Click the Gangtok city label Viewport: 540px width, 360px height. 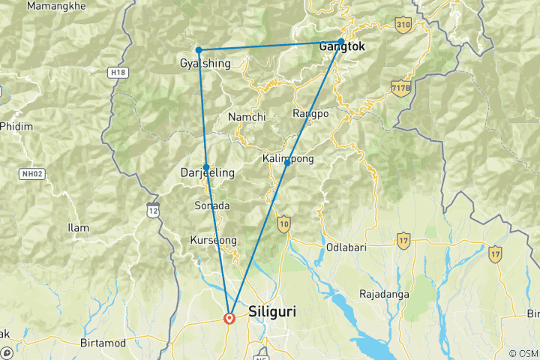(x=342, y=46)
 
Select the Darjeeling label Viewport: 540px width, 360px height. (x=208, y=173)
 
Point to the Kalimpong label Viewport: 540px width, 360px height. (x=288, y=159)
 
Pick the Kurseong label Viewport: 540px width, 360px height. (x=214, y=241)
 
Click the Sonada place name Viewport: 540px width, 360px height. (x=212, y=205)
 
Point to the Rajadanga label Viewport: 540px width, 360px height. (x=384, y=294)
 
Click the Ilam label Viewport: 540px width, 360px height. (x=78, y=228)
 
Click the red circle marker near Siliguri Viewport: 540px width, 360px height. (x=229, y=318)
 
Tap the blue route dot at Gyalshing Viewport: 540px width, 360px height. (x=199, y=50)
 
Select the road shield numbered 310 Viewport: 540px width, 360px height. (x=403, y=25)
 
